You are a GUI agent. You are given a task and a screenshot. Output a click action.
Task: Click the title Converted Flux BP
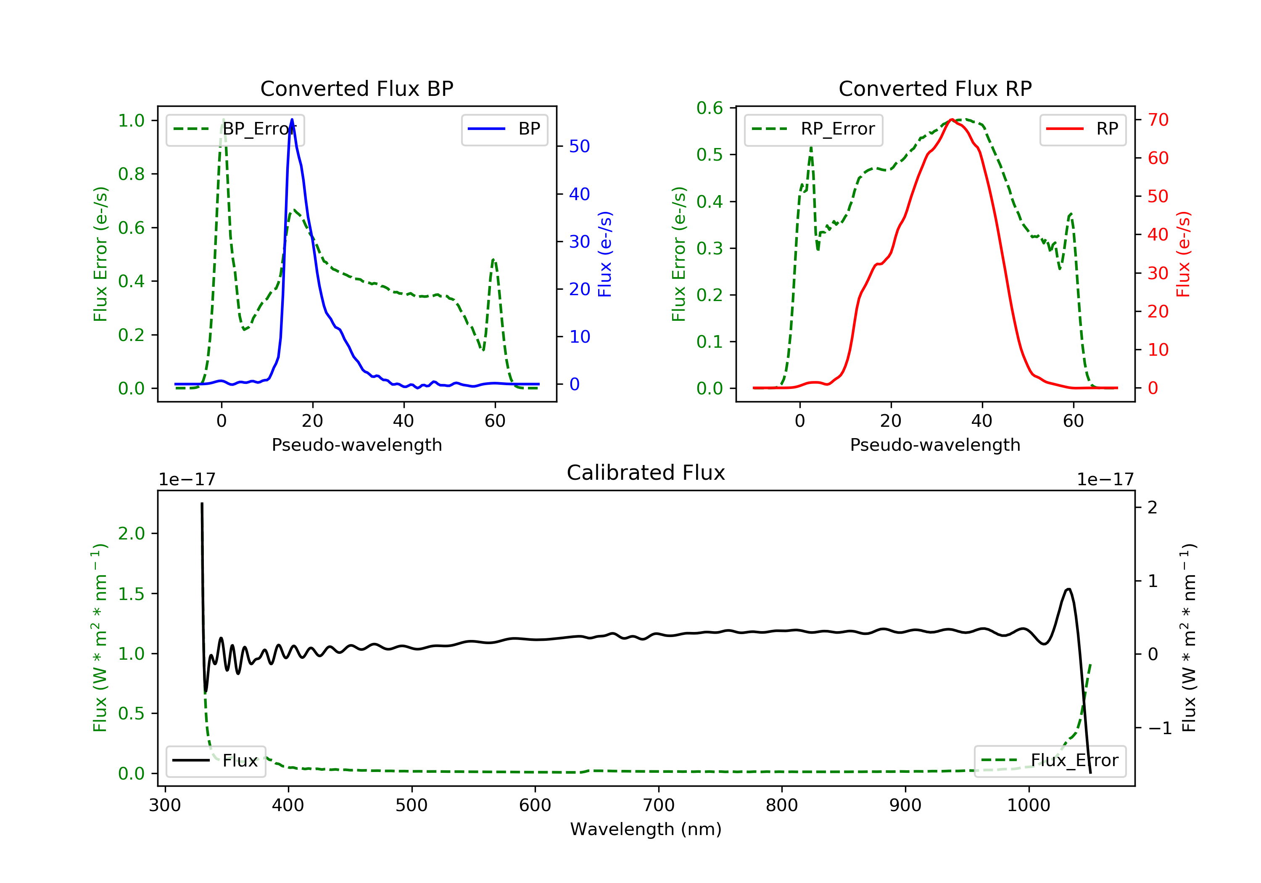pyautogui.click(x=357, y=88)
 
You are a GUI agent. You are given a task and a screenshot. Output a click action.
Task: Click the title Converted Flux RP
pyautogui.click(x=935, y=88)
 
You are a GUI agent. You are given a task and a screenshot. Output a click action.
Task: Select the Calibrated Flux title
pyautogui.click(x=646, y=473)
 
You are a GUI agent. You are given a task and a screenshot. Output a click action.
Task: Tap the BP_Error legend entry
pyautogui.click(x=235, y=130)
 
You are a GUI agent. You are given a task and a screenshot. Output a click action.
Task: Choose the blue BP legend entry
pyautogui.click(x=504, y=129)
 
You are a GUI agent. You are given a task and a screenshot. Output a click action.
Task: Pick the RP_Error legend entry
pyautogui.click(x=813, y=130)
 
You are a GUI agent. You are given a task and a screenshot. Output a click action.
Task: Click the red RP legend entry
pyautogui.click(x=1082, y=129)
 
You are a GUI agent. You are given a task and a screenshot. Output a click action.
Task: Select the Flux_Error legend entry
pyautogui.click(x=1050, y=761)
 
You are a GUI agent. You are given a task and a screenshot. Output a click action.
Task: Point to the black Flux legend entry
pyautogui.click(x=215, y=761)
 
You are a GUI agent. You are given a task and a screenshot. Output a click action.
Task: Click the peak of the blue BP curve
pyautogui.click(x=292, y=119)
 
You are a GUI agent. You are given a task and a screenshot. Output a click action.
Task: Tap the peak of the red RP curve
pyautogui.click(x=952, y=119)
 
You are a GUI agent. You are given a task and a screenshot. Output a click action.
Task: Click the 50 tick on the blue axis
pyautogui.click(x=579, y=146)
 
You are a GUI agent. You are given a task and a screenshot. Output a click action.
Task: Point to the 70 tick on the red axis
pyautogui.click(x=1158, y=120)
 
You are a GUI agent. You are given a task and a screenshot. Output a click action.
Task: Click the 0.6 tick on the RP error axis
pyautogui.click(x=710, y=108)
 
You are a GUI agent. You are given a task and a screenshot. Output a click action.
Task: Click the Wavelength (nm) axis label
pyautogui.click(x=646, y=829)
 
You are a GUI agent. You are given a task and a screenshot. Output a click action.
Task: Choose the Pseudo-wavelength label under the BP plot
pyautogui.click(x=357, y=445)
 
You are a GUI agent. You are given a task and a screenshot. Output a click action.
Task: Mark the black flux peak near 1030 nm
pyautogui.click(x=1068, y=589)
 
